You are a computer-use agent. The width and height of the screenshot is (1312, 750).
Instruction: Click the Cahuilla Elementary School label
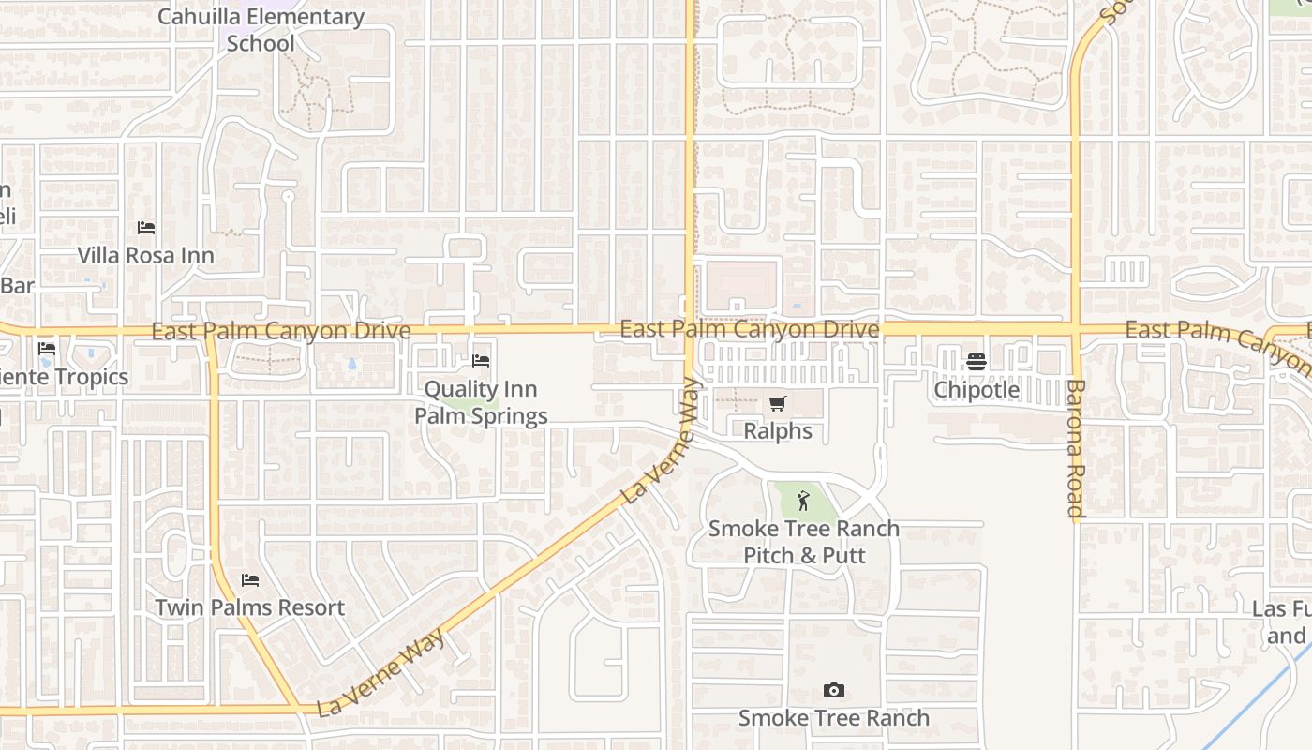[261, 30]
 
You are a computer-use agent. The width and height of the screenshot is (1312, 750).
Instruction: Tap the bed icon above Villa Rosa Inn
[146, 228]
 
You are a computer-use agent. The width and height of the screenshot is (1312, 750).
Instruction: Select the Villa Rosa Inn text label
[145, 255]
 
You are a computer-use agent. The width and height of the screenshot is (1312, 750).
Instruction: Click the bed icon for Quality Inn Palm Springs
[481, 361]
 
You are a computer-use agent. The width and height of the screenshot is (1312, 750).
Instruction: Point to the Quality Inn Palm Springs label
[481, 402]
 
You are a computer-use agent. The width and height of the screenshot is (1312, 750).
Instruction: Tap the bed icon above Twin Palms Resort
[250, 580]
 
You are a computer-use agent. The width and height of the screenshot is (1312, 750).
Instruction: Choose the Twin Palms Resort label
[250, 607]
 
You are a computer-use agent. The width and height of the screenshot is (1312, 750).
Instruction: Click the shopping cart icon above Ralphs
[777, 404]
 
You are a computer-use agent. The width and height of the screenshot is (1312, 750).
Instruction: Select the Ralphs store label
[778, 431]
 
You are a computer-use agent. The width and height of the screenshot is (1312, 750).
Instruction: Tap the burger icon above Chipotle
[977, 362]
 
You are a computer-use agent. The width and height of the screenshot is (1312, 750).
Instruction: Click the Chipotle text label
[977, 389]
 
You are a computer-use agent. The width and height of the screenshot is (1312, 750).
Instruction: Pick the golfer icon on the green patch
[802, 501]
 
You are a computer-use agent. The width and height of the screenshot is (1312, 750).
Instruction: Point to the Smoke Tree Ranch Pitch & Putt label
[804, 542]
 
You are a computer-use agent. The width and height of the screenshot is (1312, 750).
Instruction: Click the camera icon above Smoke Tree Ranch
[833, 691]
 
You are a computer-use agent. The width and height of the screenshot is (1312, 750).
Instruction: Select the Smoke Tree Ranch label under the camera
[834, 718]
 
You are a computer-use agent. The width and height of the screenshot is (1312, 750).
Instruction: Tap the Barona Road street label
[1075, 448]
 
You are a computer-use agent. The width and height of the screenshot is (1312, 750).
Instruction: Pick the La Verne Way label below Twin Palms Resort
[380, 672]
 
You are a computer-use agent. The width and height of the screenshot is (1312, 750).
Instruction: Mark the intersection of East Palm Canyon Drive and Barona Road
[1076, 330]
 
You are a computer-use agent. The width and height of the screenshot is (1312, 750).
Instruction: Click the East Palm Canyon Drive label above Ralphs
[750, 329]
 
